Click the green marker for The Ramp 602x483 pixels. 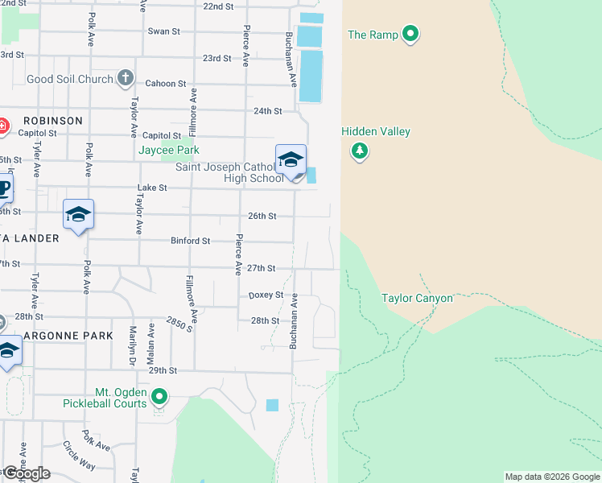coord(410,34)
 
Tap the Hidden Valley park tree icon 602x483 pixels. coord(359,151)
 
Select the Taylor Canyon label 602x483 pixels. coord(417,298)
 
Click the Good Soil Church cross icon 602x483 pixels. coord(125,78)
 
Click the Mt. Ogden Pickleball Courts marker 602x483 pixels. coord(159,396)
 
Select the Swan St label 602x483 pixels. coord(163,31)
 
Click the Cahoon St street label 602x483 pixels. coord(166,84)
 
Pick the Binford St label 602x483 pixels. coord(190,241)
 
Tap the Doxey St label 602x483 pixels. coord(266,295)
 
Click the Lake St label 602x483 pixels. coord(151,188)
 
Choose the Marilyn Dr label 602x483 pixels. coord(130,346)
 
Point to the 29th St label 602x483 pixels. coord(162,370)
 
